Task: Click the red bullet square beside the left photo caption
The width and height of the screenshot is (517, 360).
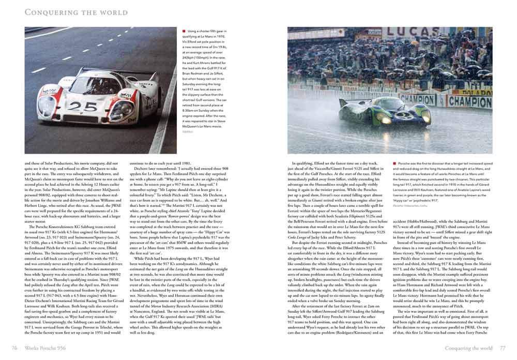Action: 184,32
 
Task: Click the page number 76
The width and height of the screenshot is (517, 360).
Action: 16,346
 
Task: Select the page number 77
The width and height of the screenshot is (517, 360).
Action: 502,346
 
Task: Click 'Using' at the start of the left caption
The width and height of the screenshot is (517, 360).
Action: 193,32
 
